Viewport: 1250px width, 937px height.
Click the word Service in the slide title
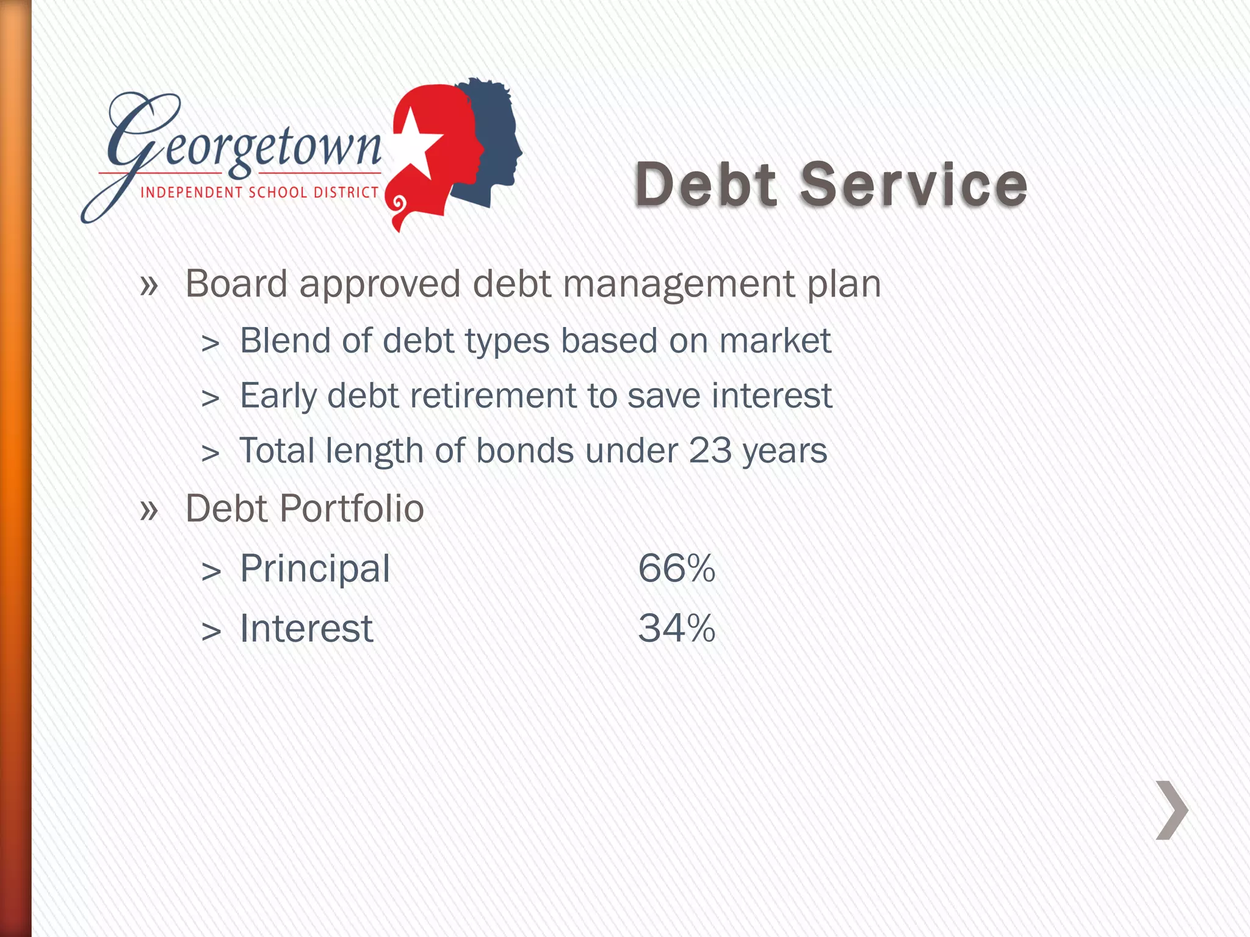pyautogui.click(x=914, y=184)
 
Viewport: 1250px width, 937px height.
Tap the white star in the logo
pyautogui.click(x=416, y=144)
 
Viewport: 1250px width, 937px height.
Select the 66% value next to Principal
pyautogui.click(x=676, y=569)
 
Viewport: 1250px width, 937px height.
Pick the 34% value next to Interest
pyautogui.click(x=676, y=628)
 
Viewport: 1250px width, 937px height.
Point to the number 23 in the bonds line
pyautogui.click(x=710, y=451)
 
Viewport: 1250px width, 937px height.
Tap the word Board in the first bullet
pyautogui.click(x=236, y=284)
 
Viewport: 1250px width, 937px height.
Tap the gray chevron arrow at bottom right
pyautogui.click(x=1172, y=810)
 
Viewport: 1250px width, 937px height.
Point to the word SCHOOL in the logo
pyautogui.click(x=278, y=193)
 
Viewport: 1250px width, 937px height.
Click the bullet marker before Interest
pyautogui.click(x=211, y=631)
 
